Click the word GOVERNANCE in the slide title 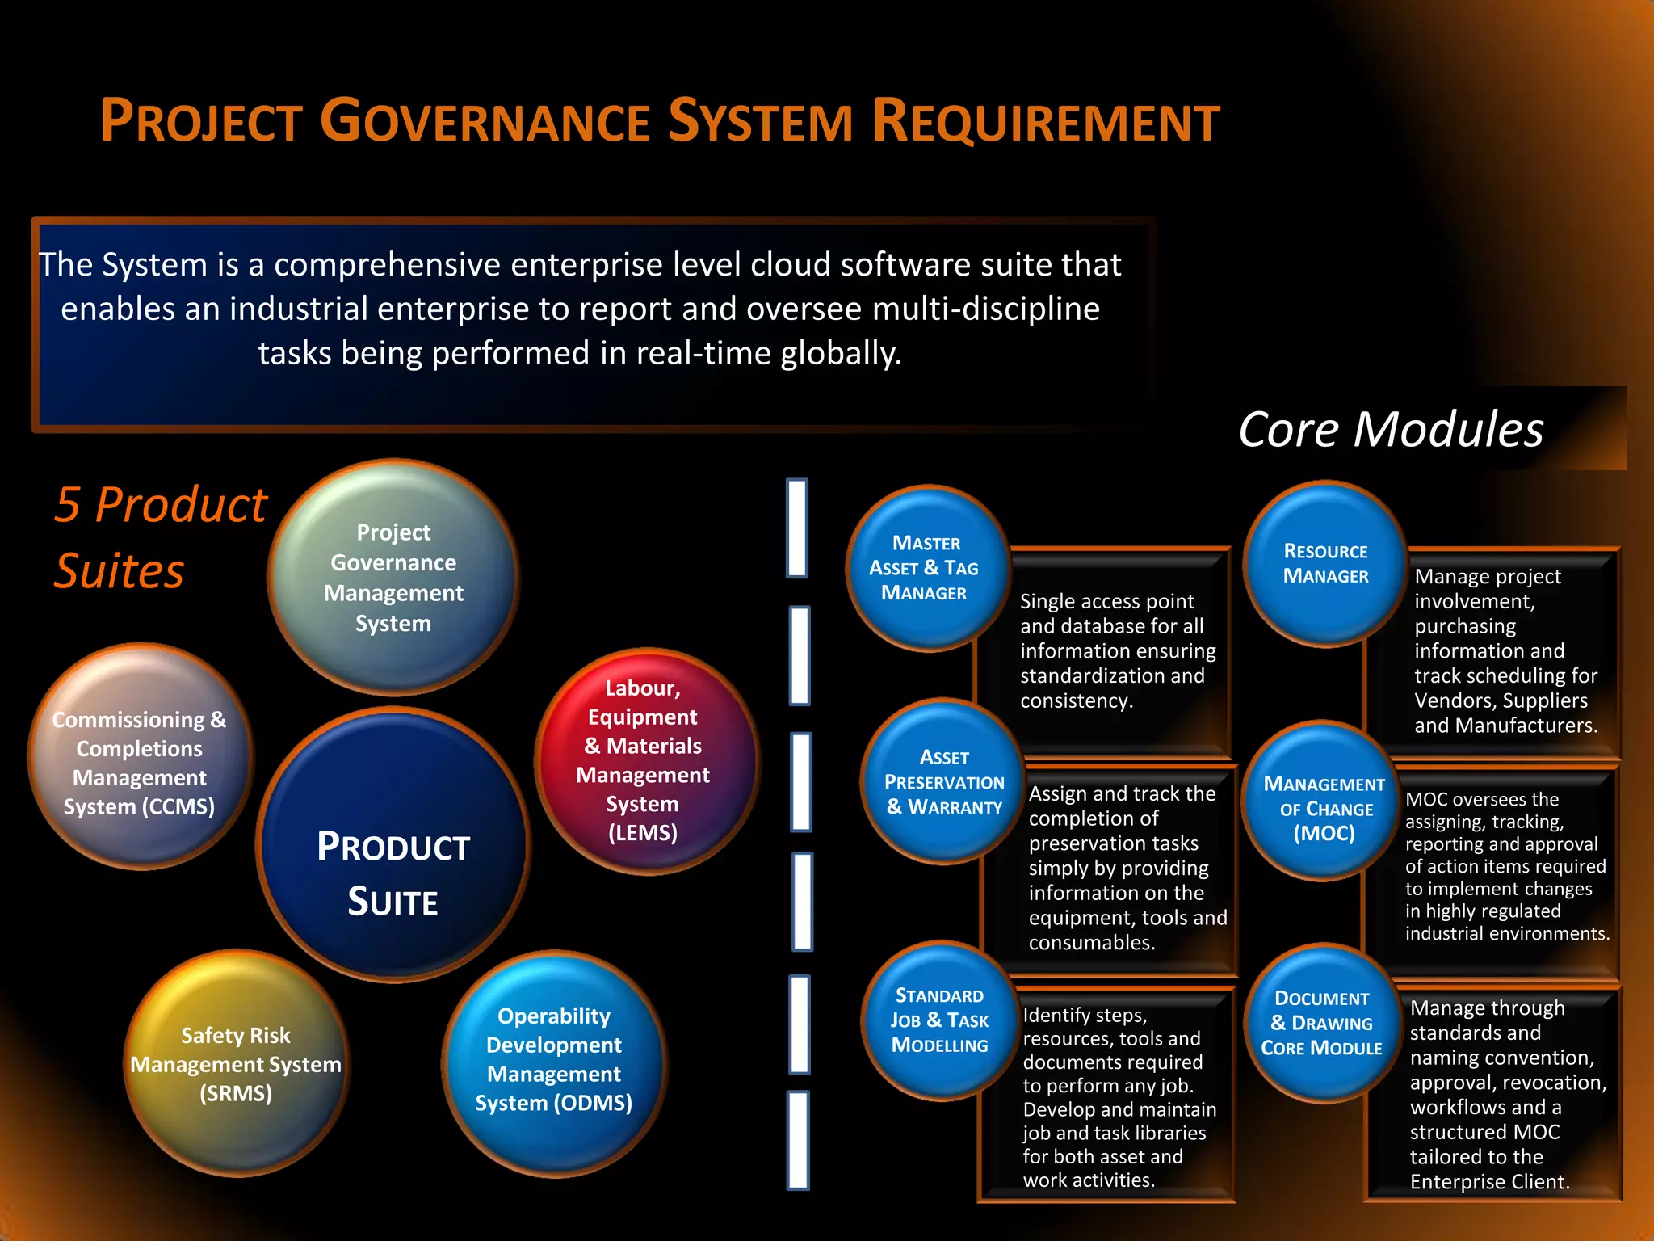pyautogui.click(x=485, y=121)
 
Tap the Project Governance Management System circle pyautogui.click(x=393, y=578)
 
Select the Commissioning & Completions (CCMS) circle pyautogui.click(x=140, y=759)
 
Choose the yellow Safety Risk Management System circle pyautogui.click(x=236, y=1063)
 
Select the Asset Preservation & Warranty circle pyautogui.click(x=943, y=781)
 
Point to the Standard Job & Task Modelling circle pyautogui.click(x=939, y=1020)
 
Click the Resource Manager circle pyautogui.click(x=1325, y=564)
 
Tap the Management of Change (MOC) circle pyautogui.click(x=1323, y=808)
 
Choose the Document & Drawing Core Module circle pyautogui.click(x=1321, y=1023)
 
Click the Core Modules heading pyautogui.click(x=1391, y=429)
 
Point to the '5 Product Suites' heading pyautogui.click(x=160, y=537)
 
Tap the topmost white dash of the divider pyautogui.click(x=797, y=528)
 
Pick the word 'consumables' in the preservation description pyautogui.click(x=1091, y=943)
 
